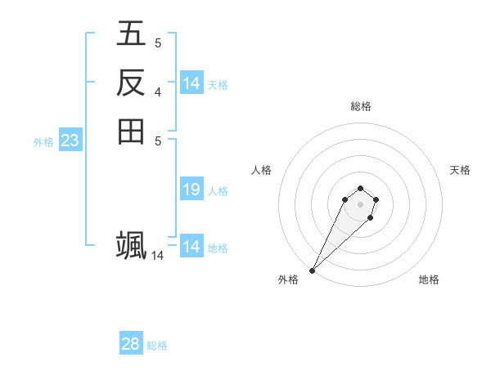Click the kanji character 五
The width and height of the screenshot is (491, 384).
[131, 33]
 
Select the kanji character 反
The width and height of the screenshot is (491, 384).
[131, 83]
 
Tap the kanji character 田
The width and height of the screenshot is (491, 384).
[131, 131]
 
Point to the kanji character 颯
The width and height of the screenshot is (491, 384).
[131, 244]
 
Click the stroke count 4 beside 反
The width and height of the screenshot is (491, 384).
[157, 92]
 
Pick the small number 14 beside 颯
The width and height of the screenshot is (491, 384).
[157, 256]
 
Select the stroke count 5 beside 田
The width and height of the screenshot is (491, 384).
[157, 140]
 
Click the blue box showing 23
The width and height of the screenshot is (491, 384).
[70, 141]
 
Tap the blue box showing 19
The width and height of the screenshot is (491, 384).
[191, 190]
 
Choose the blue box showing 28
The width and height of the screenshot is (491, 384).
[130, 344]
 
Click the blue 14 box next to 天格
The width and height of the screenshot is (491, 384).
[191, 83]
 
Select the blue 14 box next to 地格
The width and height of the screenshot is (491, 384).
[191, 247]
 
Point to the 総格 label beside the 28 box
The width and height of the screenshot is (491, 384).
[157, 346]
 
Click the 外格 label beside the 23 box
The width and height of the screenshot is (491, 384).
[43, 141]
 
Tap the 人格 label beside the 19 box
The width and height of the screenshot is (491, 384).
[218, 191]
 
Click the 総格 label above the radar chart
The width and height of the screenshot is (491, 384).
[360, 106]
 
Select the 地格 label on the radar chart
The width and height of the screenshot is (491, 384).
[429, 279]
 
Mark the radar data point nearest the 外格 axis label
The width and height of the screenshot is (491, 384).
[313, 270]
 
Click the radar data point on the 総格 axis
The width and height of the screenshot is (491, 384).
[360, 187]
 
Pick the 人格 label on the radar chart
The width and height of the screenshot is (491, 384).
[261, 170]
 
